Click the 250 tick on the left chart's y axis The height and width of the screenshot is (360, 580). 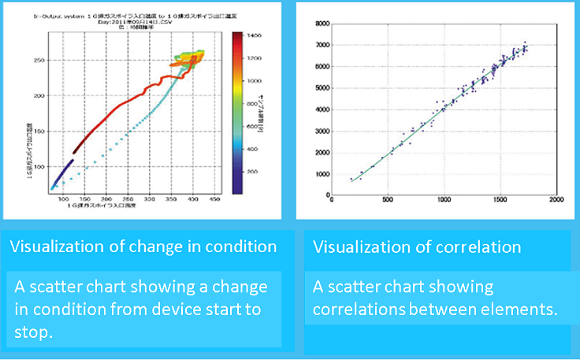(x=39, y=59)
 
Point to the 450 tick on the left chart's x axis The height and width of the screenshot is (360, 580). (x=214, y=202)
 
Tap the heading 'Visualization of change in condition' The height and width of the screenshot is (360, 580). (x=143, y=247)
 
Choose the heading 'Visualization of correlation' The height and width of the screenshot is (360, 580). (x=417, y=247)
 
